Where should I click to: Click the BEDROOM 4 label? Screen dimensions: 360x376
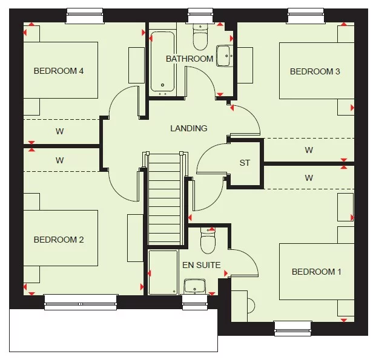(x=58, y=71)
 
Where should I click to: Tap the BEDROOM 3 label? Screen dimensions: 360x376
(x=315, y=71)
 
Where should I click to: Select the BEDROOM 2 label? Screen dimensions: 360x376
(x=58, y=240)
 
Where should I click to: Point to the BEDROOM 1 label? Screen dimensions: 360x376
(x=316, y=272)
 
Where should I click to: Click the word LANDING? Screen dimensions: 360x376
(x=188, y=128)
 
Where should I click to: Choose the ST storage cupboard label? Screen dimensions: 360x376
(x=245, y=163)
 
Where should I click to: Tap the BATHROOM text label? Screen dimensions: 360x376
(x=190, y=59)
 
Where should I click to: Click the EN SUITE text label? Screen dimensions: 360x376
(x=201, y=264)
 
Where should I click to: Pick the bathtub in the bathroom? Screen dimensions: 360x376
(x=162, y=64)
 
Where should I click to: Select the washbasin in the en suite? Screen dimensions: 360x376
(x=195, y=285)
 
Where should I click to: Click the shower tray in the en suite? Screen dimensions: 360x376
(x=163, y=273)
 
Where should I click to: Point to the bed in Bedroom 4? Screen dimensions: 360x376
(x=61, y=70)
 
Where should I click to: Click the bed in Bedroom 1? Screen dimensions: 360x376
(x=316, y=271)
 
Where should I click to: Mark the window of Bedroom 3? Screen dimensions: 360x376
(x=306, y=15)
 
